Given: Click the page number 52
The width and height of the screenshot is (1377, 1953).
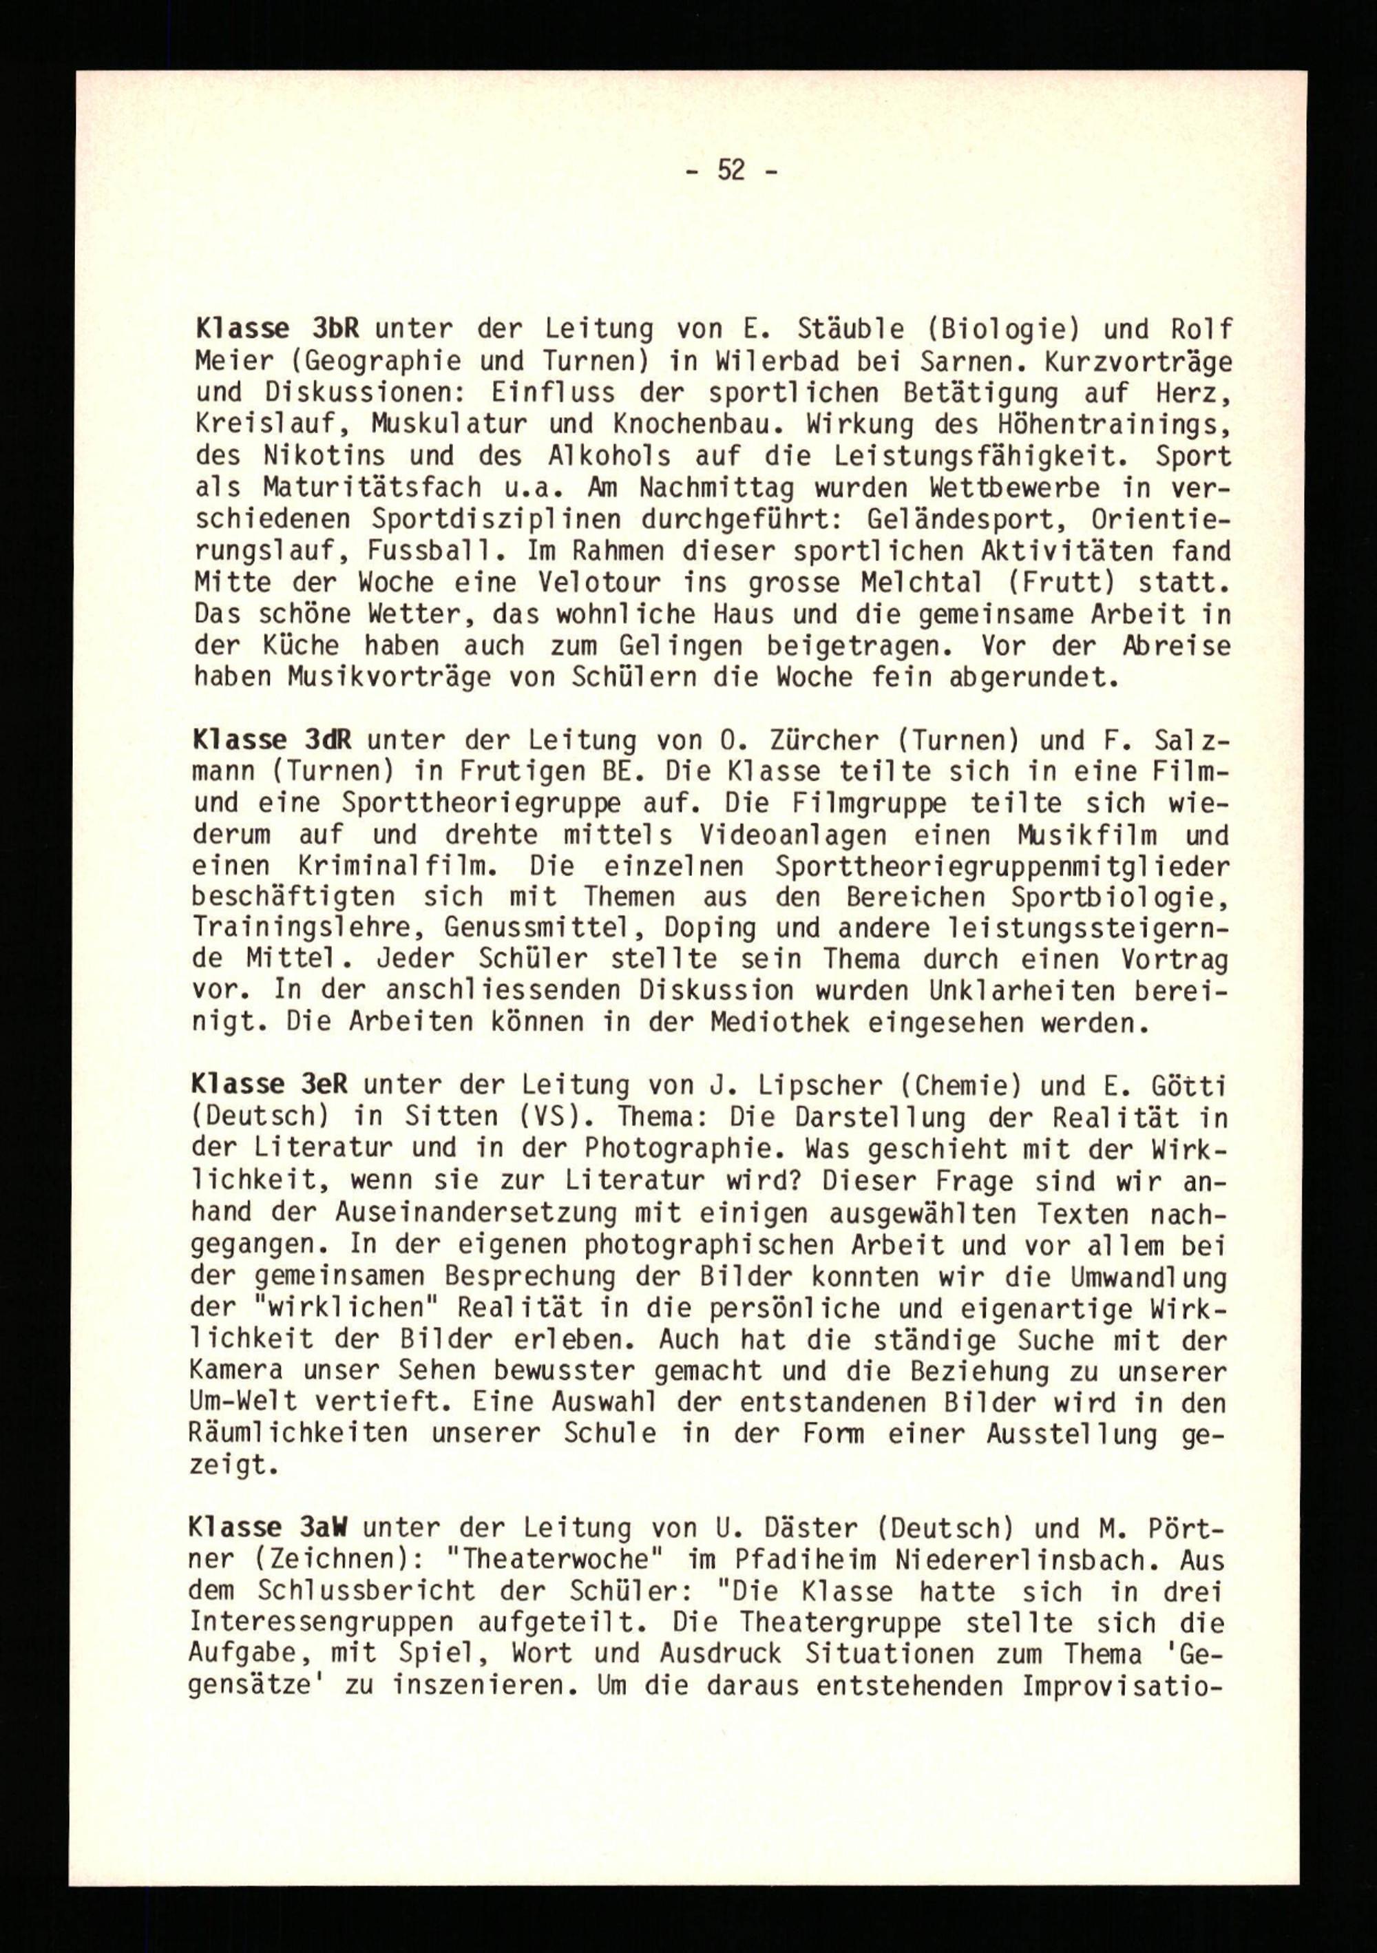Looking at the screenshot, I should (x=730, y=171).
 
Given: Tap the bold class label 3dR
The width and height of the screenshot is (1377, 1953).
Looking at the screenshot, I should (x=329, y=740).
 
